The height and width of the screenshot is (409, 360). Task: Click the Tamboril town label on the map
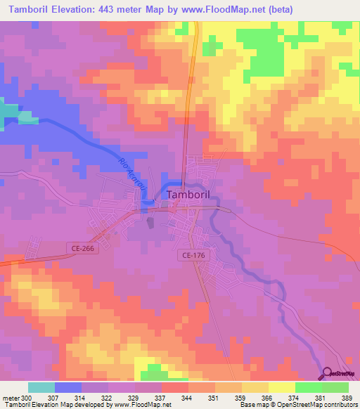(x=190, y=195)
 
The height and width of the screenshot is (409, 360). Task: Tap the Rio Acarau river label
(x=131, y=176)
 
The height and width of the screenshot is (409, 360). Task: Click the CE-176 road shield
(x=192, y=256)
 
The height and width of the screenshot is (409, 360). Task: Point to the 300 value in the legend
(x=26, y=397)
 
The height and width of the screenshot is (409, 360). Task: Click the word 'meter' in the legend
(x=10, y=397)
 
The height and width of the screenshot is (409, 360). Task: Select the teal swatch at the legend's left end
(x=41, y=387)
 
